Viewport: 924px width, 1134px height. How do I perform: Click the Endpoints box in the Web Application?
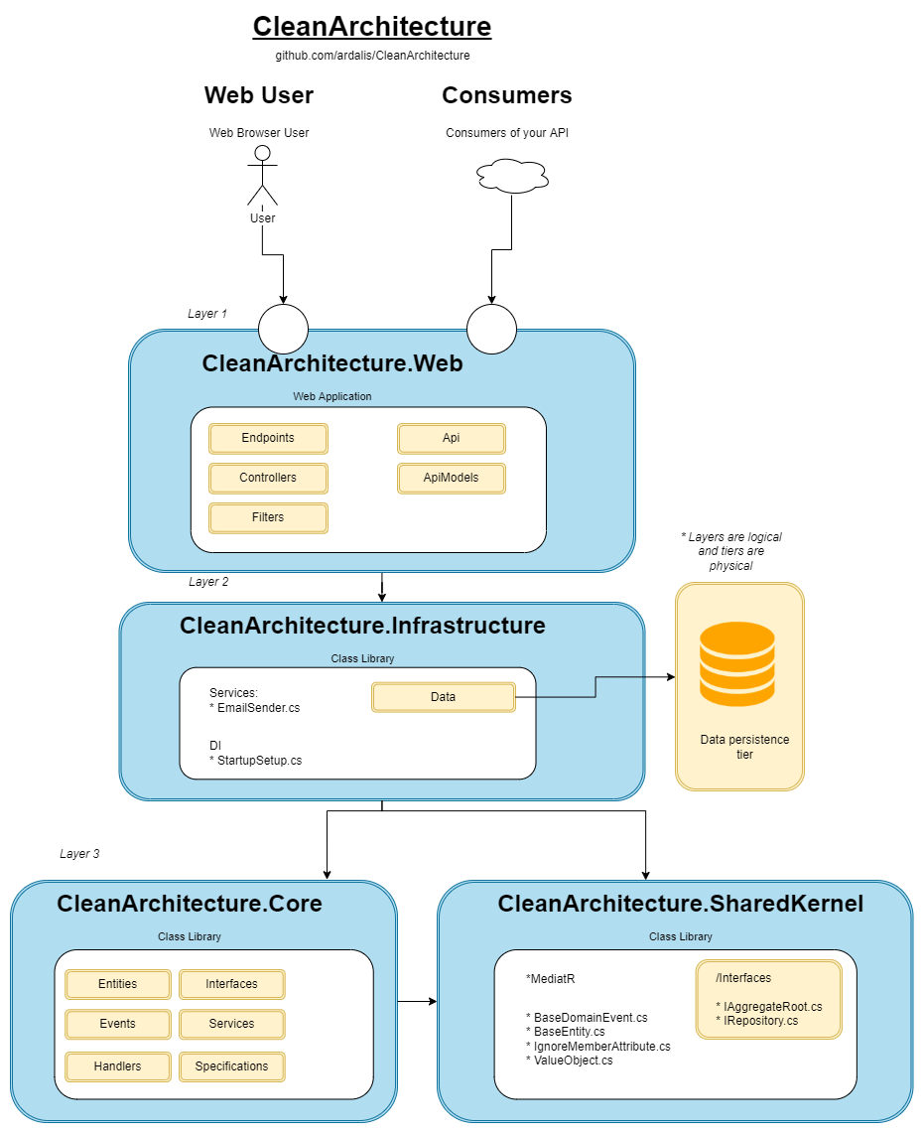(268, 438)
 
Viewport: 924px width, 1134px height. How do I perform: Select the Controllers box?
(268, 478)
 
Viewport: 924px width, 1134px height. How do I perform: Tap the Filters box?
(268, 517)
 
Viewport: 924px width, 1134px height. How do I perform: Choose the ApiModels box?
(452, 478)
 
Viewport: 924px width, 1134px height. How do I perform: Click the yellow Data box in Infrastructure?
(443, 697)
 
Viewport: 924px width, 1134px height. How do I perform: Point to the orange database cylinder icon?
(736, 663)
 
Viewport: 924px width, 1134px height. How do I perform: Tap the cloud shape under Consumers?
(512, 177)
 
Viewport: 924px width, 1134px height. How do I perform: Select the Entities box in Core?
(118, 984)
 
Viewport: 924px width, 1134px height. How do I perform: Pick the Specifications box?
(232, 1066)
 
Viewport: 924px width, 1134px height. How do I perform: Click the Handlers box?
(118, 1066)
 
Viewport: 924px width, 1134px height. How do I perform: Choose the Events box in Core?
(118, 1024)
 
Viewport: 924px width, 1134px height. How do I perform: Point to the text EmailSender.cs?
(258, 708)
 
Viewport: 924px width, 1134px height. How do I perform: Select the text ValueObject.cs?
(573, 1060)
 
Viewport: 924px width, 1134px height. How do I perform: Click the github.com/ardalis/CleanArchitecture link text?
(372, 56)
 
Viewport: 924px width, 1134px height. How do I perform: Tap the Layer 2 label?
(208, 582)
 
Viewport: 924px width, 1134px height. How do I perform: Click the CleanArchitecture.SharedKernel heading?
(680, 904)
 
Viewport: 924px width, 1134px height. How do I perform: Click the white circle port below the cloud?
(492, 328)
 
